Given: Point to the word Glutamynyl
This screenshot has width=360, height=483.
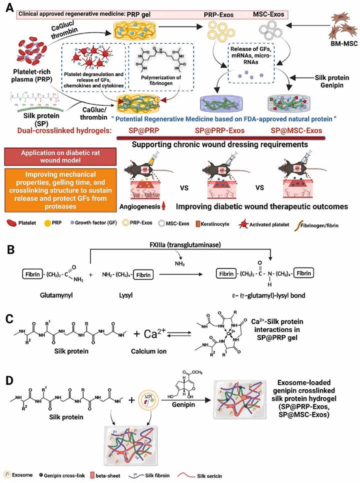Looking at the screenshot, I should coord(42,295).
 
